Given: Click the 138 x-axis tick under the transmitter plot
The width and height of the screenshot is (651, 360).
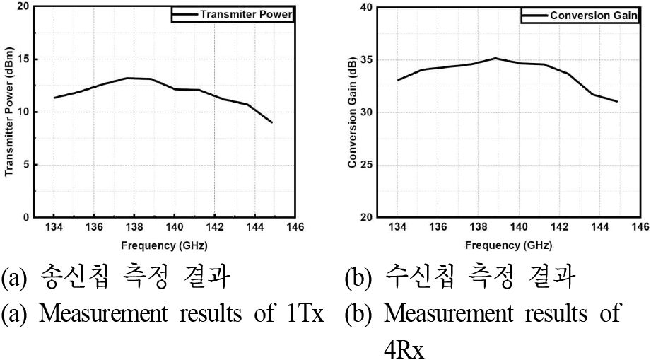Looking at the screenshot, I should tap(134, 227).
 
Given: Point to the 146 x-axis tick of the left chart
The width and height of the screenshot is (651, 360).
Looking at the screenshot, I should tap(295, 227).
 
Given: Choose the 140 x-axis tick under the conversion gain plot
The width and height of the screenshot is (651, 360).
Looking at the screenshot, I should tap(520, 227).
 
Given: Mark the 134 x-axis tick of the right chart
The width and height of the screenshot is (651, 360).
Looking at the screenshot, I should tap(398, 227).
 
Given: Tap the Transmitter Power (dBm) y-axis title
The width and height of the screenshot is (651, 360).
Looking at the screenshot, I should tap(9, 112).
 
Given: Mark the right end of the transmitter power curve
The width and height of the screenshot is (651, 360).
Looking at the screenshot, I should tap(272, 122).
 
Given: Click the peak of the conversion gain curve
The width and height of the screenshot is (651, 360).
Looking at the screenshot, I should tap(495, 58).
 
